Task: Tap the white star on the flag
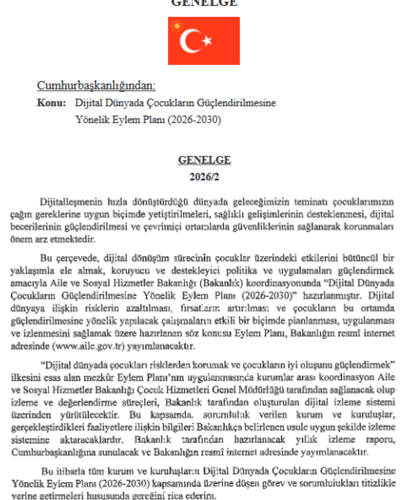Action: pyautogui.click(x=207, y=41)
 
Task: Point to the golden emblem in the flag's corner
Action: pyautogui.click(x=177, y=25)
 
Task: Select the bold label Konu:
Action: pyautogui.click(x=51, y=103)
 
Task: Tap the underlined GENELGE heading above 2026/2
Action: pyautogui.click(x=204, y=161)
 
